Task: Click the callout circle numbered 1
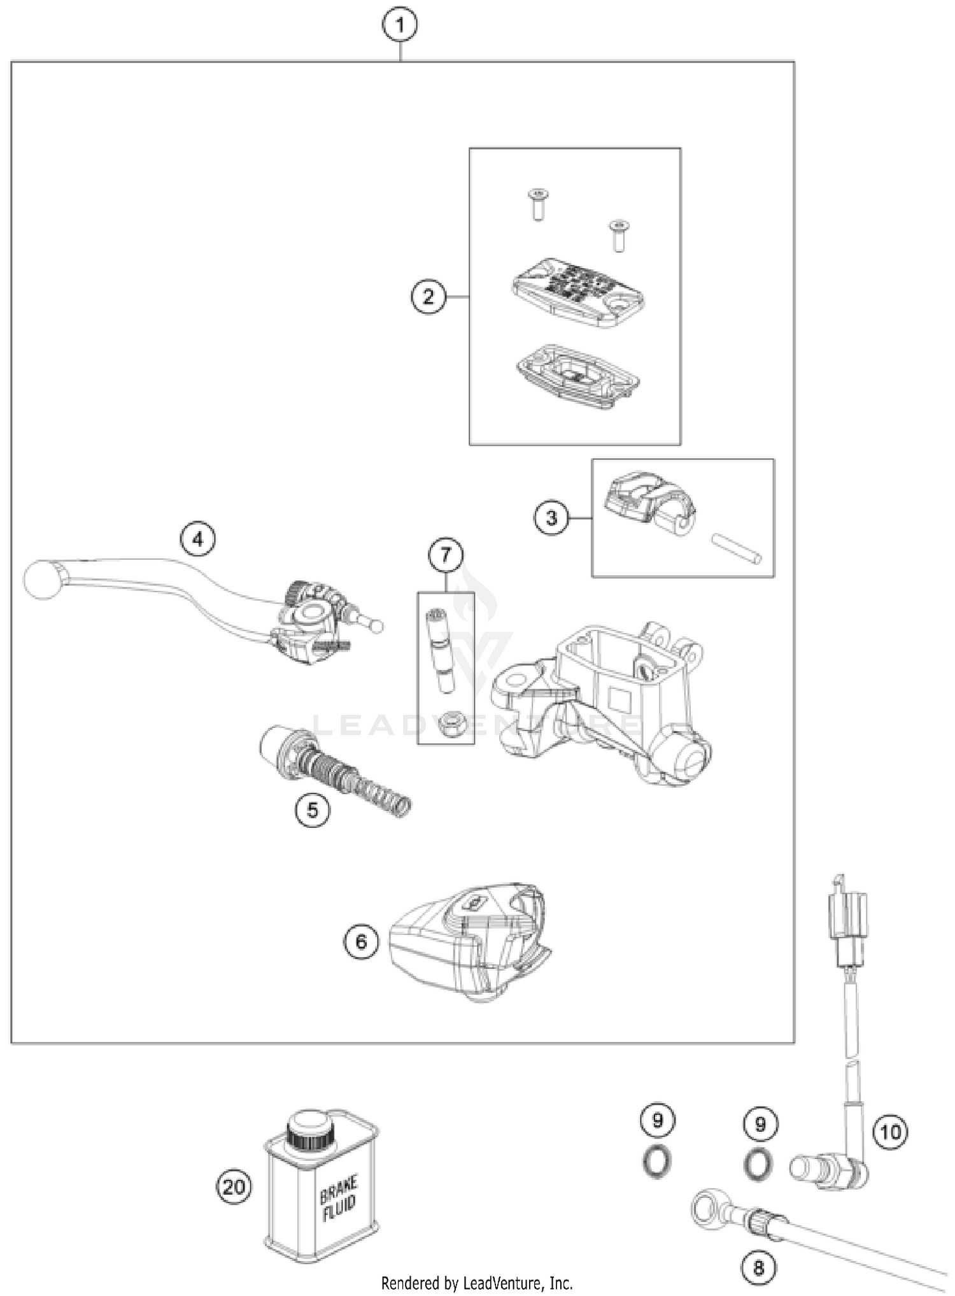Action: pyautogui.click(x=399, y=25)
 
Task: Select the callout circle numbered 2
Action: pyautogui.click(x=428, y=297)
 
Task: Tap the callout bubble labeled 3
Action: pyautogui.click(x=551, y=518)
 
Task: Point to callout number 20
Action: pyautogui.click(x=234, y=1186)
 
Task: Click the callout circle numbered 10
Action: pyautogui.click(x=890, y=1132)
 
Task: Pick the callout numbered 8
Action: pyautogui.click(x=758, y=1267)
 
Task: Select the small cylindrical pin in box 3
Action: pyautogui.click(x=735, y=547)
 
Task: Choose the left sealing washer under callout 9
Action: pyautogui.click(x=656, y=1162)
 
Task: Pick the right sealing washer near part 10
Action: pyautogui.click(x=758, y=1165)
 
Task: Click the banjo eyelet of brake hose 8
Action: pyautogui.click(x=707, y=1207)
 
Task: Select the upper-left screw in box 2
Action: pyautogui.click(x=539, y=204)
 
